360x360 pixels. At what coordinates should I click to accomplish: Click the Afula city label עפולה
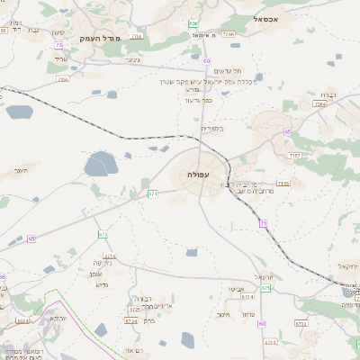click(198, 172)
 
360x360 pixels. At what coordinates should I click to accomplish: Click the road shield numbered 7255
click(62, 79)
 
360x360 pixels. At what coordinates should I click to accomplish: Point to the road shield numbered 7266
click(229, 34)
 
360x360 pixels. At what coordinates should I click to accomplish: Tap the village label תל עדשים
click(224, 71)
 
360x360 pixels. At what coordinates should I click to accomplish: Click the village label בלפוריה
click(209, 129)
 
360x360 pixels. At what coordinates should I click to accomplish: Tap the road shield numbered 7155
click(283, 184)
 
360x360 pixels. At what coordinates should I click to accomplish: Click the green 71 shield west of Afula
click(153, 193)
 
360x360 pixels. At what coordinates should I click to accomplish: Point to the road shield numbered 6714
click(103, 234)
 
